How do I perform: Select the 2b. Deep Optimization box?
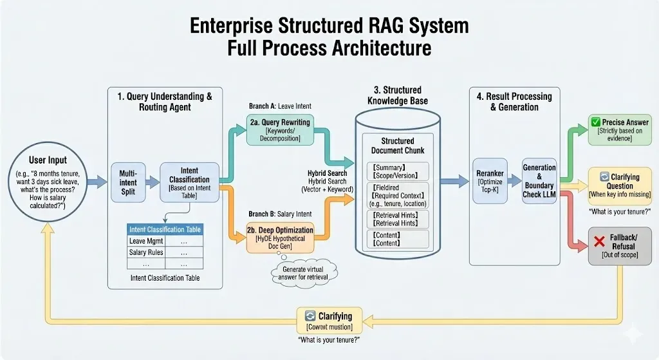click(280, 235)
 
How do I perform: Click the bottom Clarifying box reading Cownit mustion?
click(329, 320)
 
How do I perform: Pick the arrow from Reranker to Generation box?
click(515, 182)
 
